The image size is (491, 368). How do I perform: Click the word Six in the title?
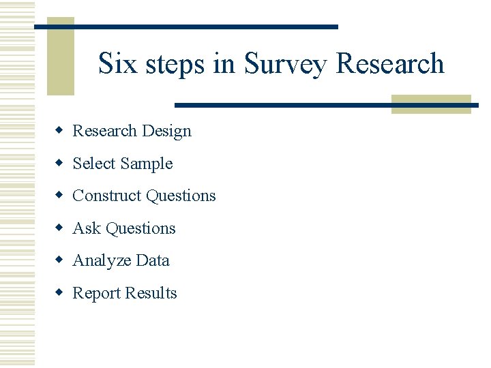[x=115, y=63]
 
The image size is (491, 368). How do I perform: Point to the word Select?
[x=94, y=164]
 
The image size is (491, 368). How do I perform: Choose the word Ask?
[x=85, y=228]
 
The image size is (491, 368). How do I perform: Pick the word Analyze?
[x=102, y=261]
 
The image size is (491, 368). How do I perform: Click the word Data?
[x=153, y=260]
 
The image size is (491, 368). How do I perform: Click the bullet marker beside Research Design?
[x=60, y=130]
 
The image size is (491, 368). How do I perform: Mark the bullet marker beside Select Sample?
[x=60, y=163]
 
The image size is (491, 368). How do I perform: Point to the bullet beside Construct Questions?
[x=60, y=196]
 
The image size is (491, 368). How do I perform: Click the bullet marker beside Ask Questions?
[x=60, y=228]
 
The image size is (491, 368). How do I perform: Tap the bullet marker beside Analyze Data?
[x=60, y=260]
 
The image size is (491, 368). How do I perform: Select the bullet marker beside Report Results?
[x=60, y=293]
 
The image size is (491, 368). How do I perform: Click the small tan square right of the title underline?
[x=431, y=104]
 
